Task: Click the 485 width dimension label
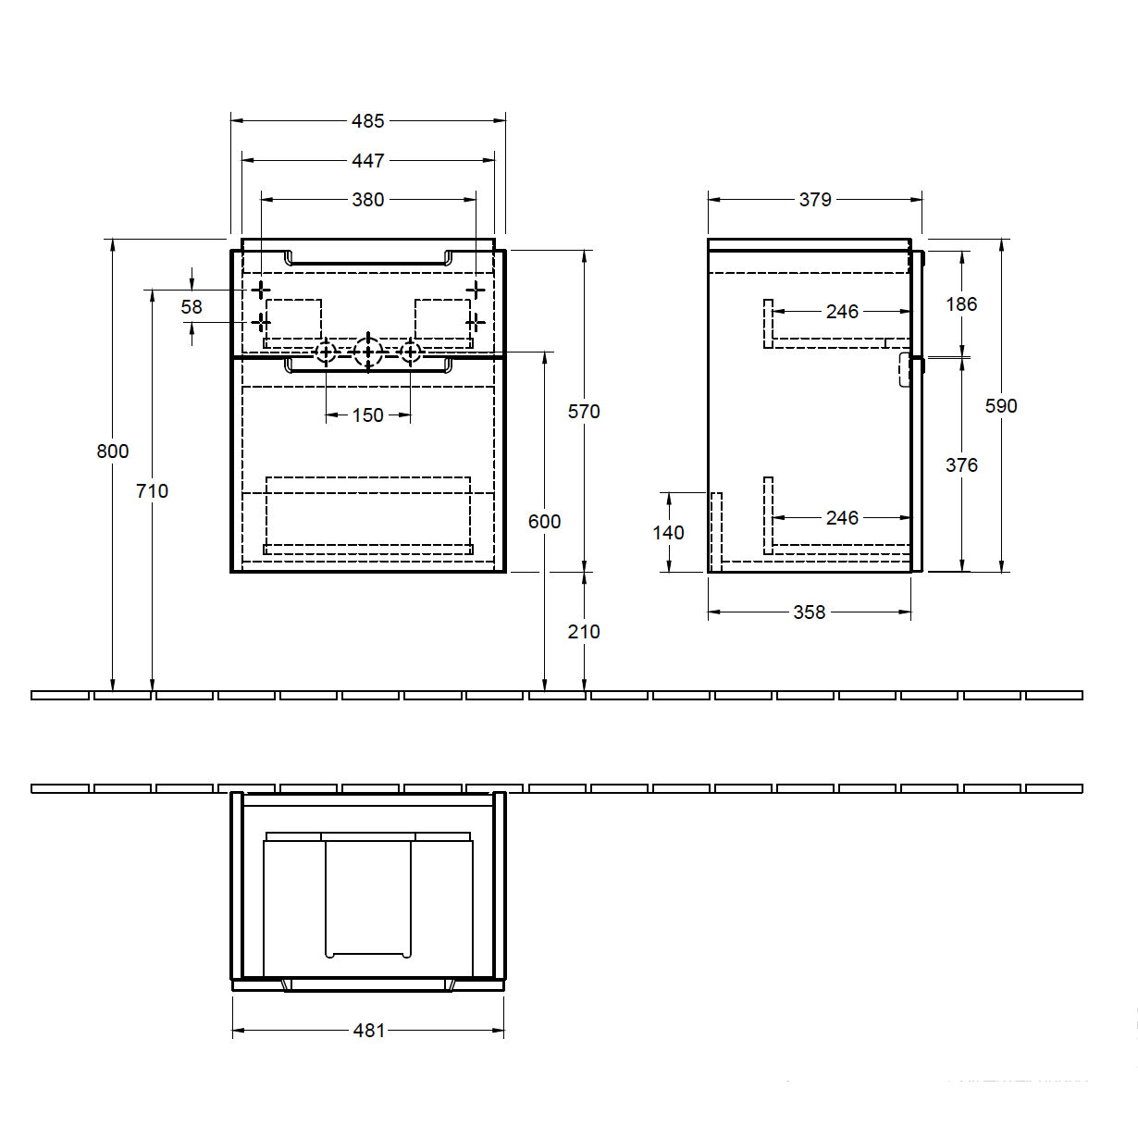point(367,121)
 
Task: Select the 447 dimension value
point(367,161)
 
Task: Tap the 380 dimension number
point(367,200)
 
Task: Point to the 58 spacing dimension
point(192,307)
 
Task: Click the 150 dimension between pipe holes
point(367,415)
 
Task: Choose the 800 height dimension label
point(112,451)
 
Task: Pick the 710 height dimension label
point(152,491)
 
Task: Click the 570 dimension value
point(584,412)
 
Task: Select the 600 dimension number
point(544,522)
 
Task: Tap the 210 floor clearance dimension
point(584,632)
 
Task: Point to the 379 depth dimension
point(815,200)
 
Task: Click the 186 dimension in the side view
point(961,304)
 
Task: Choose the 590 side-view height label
point(1001,406)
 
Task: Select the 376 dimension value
point(961,465)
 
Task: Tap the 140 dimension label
point(668,533)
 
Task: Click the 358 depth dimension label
point(809,612)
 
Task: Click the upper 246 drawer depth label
point(842,312)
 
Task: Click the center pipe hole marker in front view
point(368,353)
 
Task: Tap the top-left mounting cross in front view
point(260,290)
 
